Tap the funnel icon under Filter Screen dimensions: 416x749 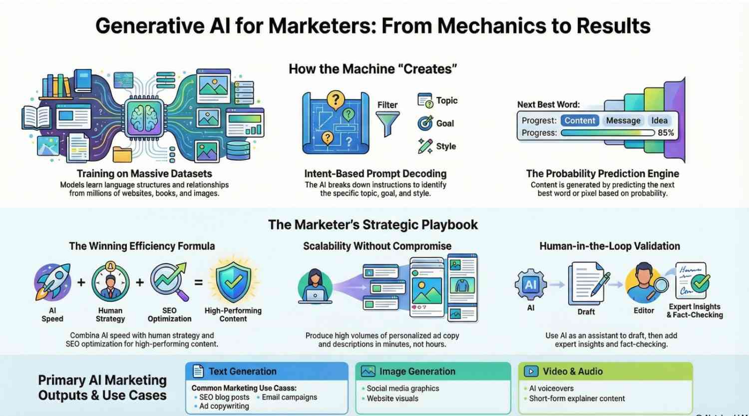(x=387, y=123)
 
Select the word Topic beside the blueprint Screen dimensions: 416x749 (x=446, y=100)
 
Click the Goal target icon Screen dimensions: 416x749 (x=425, y=123)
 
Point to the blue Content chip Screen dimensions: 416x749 (x=580, y=120)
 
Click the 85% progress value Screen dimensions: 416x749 (x=666, y=133)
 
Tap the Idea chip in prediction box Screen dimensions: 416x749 (x=659, y=120)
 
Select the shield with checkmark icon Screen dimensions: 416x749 (x=233, y=282)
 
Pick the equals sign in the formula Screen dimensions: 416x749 (x=198, y=283)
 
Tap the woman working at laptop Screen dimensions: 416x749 (x=315, y=286)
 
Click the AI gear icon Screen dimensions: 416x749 (x=530, y=285)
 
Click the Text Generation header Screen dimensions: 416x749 (x=242, y=372)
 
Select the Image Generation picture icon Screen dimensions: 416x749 (x=368, y=372)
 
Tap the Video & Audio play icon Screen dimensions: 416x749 (x=531, y=372)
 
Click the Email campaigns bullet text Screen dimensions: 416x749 (x=289, y=397)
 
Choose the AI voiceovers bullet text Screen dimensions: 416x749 (x=551, y=388)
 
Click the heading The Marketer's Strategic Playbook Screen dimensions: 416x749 (x=373, y=225)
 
